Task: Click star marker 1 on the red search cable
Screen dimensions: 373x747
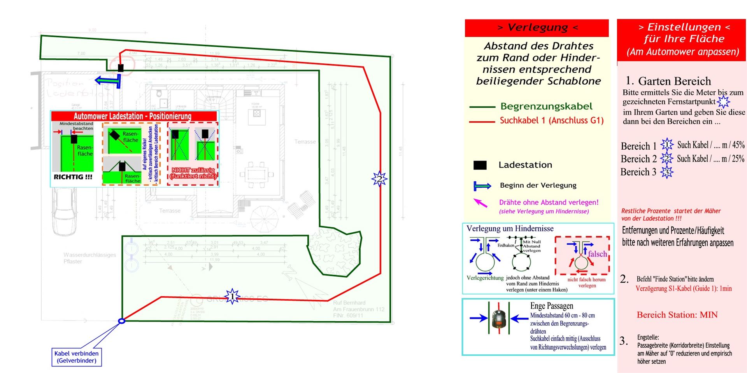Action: [232, 297]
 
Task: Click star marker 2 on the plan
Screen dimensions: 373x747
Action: [379, 179]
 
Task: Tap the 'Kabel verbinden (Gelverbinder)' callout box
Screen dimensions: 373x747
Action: [77, 357]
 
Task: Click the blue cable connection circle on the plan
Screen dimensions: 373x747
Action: [122, 321]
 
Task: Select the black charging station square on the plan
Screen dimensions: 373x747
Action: [121, 68]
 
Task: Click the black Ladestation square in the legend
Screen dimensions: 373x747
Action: [480, 165]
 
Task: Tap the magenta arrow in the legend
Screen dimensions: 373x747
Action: [480, 203]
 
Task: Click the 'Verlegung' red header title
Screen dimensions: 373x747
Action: [537, 28]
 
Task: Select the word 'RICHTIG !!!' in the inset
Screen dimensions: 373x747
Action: [73, 177]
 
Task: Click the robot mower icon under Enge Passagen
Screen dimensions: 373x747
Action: [498, 319]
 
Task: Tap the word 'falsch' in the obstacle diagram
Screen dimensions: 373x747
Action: [597, 254]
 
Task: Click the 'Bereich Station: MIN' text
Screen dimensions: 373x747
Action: [677, 315]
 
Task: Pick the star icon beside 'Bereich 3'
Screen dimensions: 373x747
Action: [666, 172]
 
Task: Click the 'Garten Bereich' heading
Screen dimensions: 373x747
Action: [674, 81]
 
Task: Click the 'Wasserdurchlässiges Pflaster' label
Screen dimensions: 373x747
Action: [89, 258]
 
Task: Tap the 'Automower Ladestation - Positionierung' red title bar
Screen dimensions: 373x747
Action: [134, 116]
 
